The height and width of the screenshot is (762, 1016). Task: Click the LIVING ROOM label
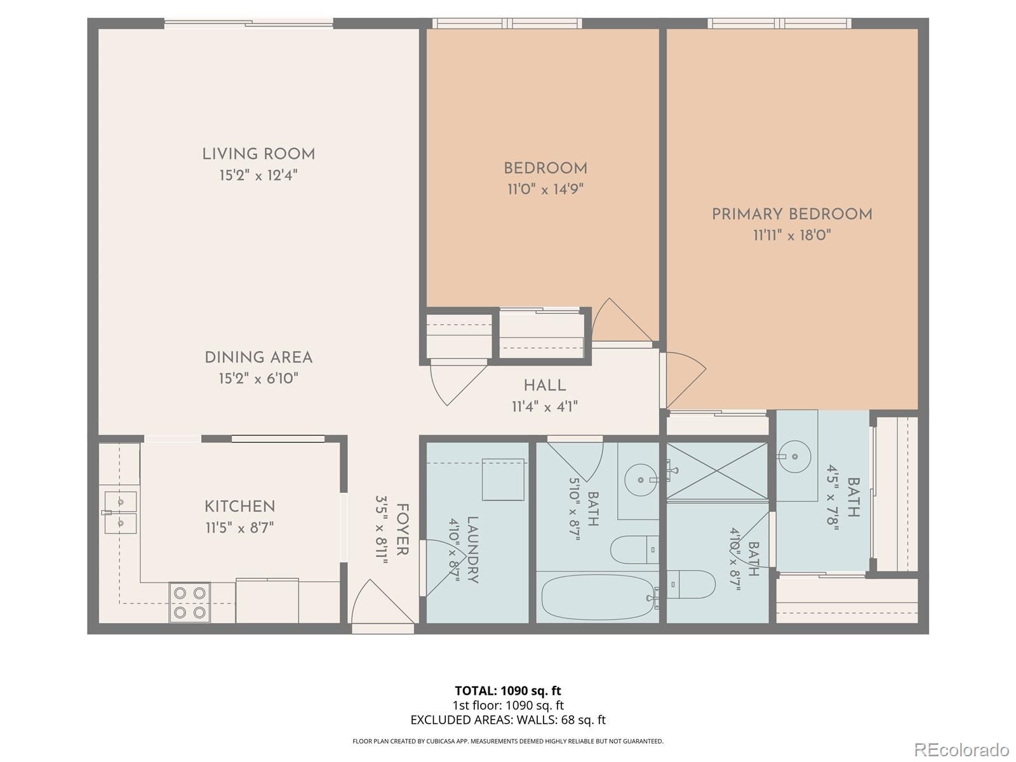click(x=258, y=154)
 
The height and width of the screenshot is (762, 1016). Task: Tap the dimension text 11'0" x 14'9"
click(x=545, y=189)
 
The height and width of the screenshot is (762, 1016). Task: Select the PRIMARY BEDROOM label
click(x=792, y=214)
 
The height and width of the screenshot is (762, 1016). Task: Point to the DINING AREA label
click(x=258, y=357)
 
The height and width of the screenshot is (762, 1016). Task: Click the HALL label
click(x=545, y=385)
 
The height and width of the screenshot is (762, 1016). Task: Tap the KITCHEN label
click(x=240, y=506)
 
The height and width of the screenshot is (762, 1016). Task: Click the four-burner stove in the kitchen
click(x=190, y=603)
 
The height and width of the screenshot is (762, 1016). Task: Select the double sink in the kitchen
click(x=121, y=512)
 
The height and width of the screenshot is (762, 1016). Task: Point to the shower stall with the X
click(x=716, y=471)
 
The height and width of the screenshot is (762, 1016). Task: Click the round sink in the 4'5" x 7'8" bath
click(x=795, y=456)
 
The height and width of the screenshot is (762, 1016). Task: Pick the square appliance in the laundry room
click(x=503, y=479)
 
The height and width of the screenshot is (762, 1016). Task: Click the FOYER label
click(x=402, y=530)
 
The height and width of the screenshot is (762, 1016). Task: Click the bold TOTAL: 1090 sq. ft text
click(x=508, y=691)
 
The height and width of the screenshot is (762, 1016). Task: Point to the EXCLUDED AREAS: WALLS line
click(x=508, y=720)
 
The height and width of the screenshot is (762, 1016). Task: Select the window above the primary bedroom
click(x=780, y=23)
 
